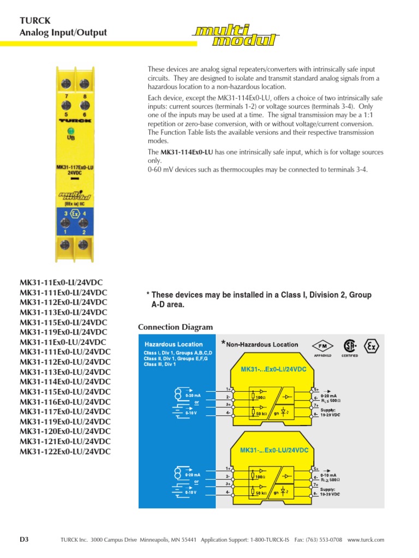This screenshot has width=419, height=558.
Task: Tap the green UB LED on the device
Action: click(x=71, y=131)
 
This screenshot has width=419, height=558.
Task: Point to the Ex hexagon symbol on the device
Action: click(x=74, y=213)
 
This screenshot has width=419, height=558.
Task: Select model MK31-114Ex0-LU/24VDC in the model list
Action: click(x=65, y=382)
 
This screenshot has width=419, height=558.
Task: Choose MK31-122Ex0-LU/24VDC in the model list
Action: click(x=65, y=452)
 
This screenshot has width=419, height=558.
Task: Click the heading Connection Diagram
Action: click(x=175, y=327)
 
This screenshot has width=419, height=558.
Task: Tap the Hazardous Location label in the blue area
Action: click(x=173, y=344)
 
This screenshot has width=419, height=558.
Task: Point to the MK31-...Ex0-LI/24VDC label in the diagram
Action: click(x=277, y=369)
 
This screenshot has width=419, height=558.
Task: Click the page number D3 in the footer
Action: click(x=24, y=539)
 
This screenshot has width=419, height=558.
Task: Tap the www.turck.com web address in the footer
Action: click(x=366, y=539)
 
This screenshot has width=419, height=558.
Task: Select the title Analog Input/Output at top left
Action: click(x=63, y=33)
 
